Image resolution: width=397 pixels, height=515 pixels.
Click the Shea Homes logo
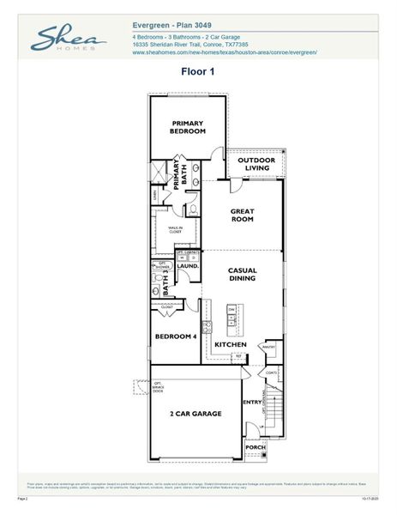click(69, 39)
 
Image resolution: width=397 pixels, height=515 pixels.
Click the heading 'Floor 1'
click(197, 72)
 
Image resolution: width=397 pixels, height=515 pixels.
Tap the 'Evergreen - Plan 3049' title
click(173, 25)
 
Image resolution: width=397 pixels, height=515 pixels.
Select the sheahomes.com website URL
click(225, 52)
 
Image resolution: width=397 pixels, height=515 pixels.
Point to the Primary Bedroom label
click(188, 126)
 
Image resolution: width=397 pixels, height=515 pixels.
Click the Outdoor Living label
click(256, 164)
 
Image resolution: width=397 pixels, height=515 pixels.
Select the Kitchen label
click(231, 344)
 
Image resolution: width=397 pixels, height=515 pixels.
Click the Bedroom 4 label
click(176, 336)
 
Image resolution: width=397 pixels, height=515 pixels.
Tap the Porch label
click(255, 446)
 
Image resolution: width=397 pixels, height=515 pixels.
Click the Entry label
click(252, 402)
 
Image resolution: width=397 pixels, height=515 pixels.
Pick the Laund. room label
click(189, 266)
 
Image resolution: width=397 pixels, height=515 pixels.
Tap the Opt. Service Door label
click(136, 387)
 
